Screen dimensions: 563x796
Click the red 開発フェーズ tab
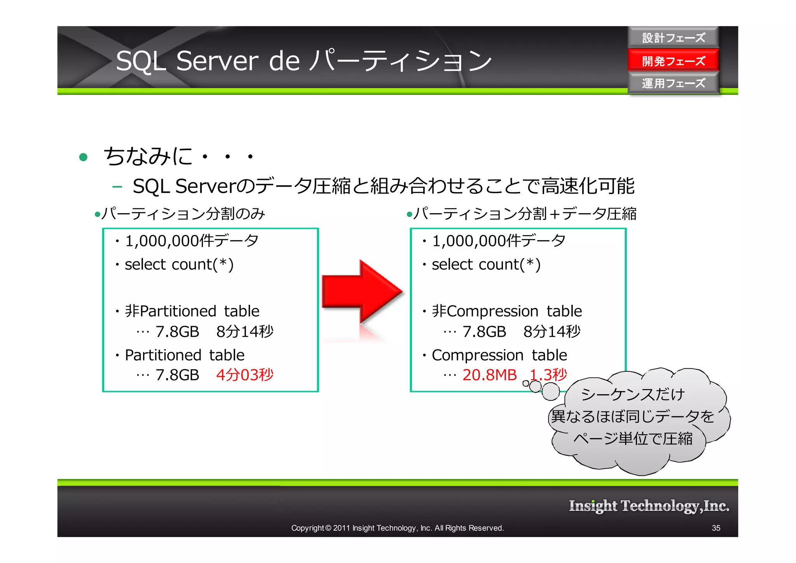coord(673,61)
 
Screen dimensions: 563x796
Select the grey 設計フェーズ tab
coord(673,38)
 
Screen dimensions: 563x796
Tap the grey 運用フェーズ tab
coord(673,83)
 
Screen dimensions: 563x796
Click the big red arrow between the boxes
coord(361,291)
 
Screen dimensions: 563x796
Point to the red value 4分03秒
coord(245,375)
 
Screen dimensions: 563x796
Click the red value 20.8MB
coord(489,375)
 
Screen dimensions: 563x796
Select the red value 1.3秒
coord(548,375)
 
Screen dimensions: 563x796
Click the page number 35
coord(716,528)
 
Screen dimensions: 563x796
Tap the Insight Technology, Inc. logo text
coord(649,506)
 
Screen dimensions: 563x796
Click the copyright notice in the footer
coord(397,528)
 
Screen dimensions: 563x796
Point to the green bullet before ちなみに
coord(83,157)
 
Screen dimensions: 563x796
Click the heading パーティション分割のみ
coord(183,214)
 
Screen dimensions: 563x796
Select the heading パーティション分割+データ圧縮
coord(525,214)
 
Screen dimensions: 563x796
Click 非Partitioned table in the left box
coord(192,311)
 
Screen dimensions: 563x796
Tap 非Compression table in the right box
coord(507,311)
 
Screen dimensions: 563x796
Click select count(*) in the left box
coord(179,264)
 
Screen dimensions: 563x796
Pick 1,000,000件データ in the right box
coord(499,241)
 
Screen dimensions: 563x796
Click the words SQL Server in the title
coord(187,61)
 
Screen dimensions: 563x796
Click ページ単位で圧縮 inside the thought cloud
coord(633,439)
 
